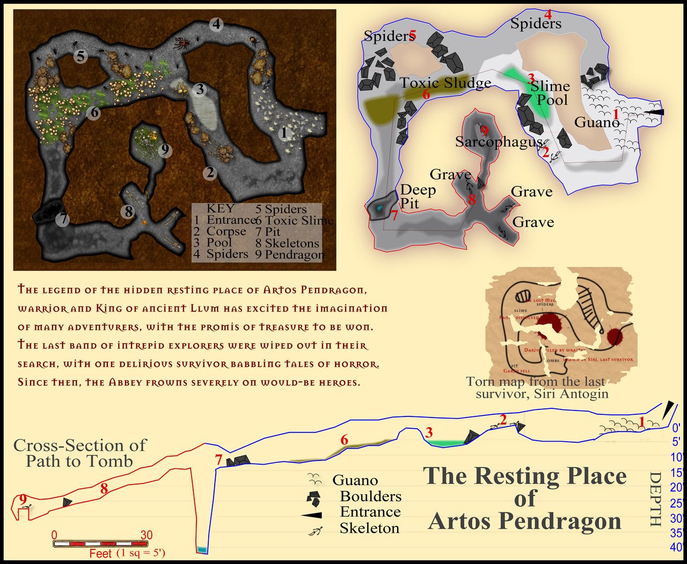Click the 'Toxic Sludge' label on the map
click(445, 83)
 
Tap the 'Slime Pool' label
click(551, 93)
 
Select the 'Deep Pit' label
click(418, 196)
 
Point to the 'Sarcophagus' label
click(499, 142)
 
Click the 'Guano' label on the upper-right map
click(596, 122)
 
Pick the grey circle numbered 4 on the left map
click(216, 24)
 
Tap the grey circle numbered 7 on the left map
click(63, 219)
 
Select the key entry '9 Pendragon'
click(290, 255)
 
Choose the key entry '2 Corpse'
click(220, 232)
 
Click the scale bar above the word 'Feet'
click(93, 544)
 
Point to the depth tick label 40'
click(676, 548)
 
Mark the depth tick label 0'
click(676, 428)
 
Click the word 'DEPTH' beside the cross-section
click(655, 499)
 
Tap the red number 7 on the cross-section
click(218, 460)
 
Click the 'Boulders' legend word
click(370, 496)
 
